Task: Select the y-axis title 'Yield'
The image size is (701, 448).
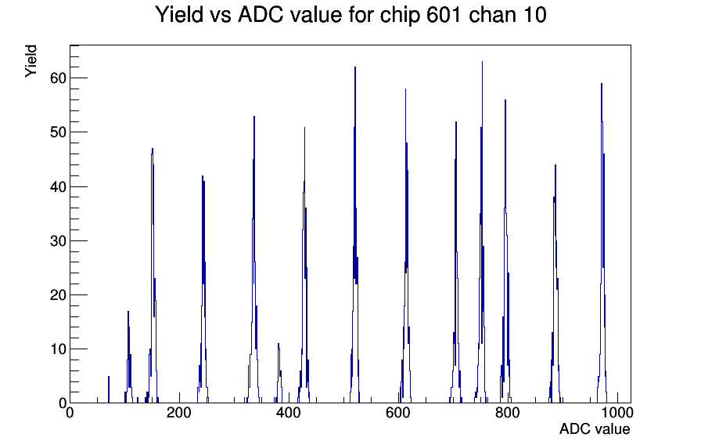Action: [x=31, y=61]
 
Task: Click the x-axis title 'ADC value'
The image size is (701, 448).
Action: [x=595, y=428]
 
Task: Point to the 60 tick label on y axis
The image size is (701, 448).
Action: [x=58, y=78]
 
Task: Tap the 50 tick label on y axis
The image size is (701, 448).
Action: [x=58, y=132]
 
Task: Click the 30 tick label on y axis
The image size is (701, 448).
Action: [x=58, y=240]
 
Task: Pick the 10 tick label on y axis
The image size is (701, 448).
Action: [x=58, y=349]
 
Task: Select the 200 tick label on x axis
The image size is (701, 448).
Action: [x=179, y=413]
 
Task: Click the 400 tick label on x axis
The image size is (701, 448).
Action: [x=289, y=413]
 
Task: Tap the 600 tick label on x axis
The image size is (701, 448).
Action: [x=398, y=413]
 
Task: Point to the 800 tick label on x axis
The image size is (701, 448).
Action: [x=508, y=413]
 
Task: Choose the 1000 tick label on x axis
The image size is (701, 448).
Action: [x=617, y=413]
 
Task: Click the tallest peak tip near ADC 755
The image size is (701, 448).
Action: [x=482, y=62]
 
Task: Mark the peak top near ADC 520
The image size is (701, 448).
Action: [x=355, y=67]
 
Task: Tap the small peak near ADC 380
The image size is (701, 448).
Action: [x=279, y=344]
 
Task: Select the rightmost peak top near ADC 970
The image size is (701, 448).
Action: [x=602, y=84]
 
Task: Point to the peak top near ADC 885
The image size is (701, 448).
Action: [x=555, y=165]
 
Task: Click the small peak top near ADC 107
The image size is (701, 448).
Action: [x=128, y=312]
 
